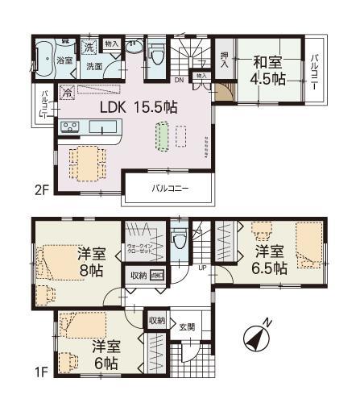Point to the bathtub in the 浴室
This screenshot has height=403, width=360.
pos(43,59)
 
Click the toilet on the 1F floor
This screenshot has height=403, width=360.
pos(181,239)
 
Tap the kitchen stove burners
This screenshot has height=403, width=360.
pos(68,127)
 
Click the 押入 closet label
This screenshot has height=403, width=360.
pos(226,57)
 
